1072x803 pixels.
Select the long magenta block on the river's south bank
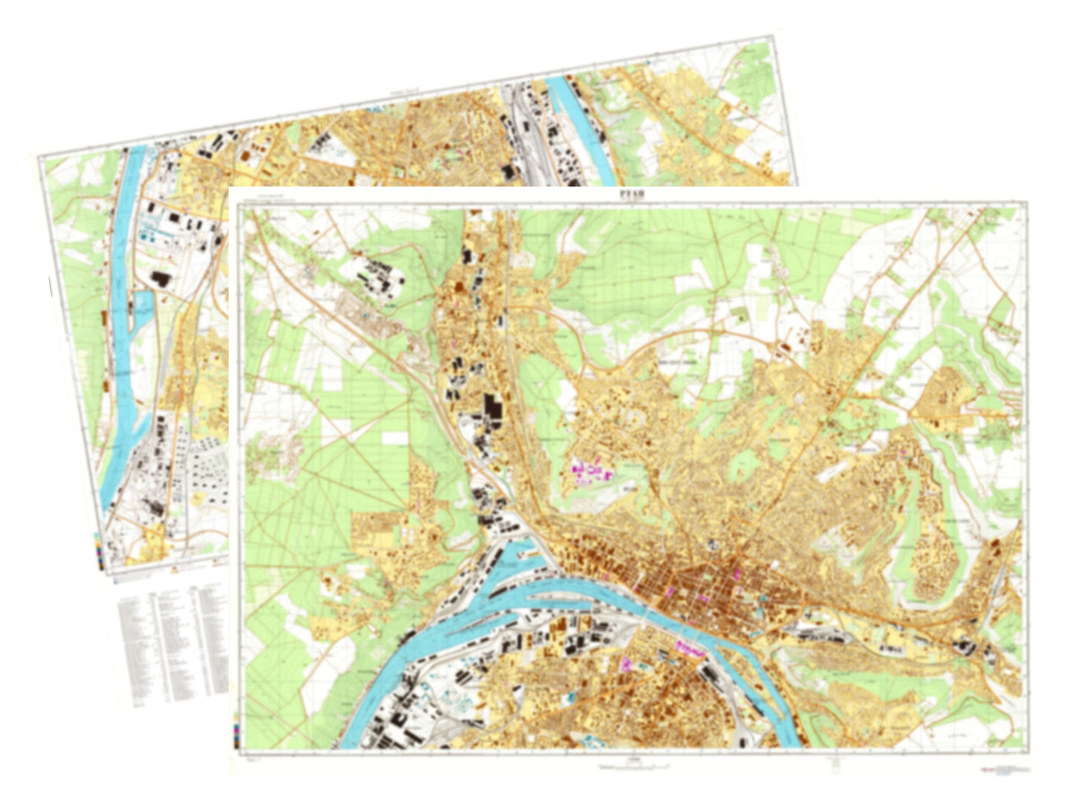point(691,649)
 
